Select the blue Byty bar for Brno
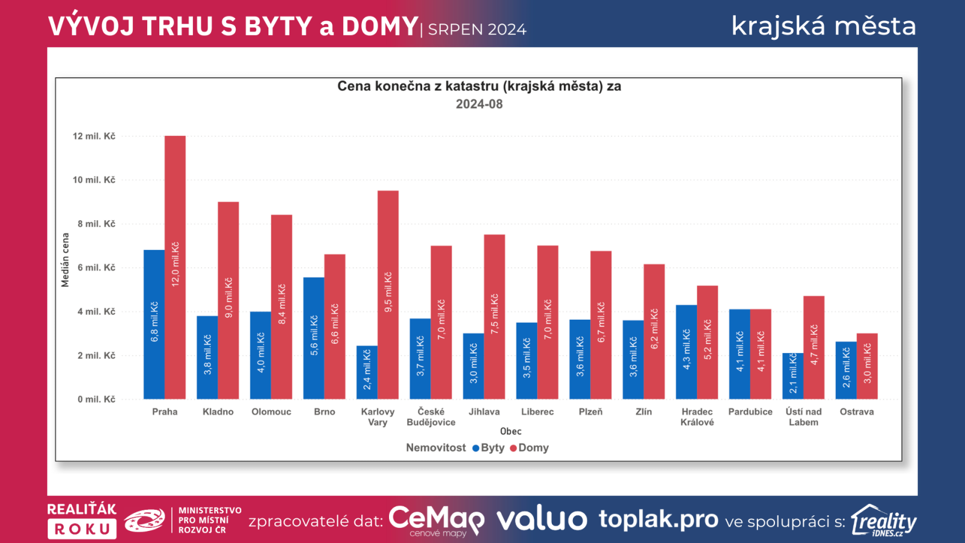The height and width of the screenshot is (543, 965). tap(314, 338)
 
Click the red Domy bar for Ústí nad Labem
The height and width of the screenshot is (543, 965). tap(814, 347)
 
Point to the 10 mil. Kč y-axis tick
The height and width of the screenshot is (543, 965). tap(94, 180)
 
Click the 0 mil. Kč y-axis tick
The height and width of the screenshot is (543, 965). tap(96, 399)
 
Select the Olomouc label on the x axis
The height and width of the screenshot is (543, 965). tap(271, 411)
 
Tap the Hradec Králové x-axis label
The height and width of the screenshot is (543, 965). tap(697, 417)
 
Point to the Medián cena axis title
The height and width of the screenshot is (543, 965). tap(65, 260)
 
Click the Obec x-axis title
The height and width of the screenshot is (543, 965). tap(510, 431)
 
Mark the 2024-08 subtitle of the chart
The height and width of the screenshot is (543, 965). tap(479, 104)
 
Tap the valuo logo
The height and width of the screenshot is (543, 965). tap(542, 519)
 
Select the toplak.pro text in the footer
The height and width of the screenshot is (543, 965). tap(658, 519)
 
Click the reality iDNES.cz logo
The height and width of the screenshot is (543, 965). tap(884, 521)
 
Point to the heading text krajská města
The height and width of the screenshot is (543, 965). tap(823, 26)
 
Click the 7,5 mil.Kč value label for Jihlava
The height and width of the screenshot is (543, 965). tap(495, 314)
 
